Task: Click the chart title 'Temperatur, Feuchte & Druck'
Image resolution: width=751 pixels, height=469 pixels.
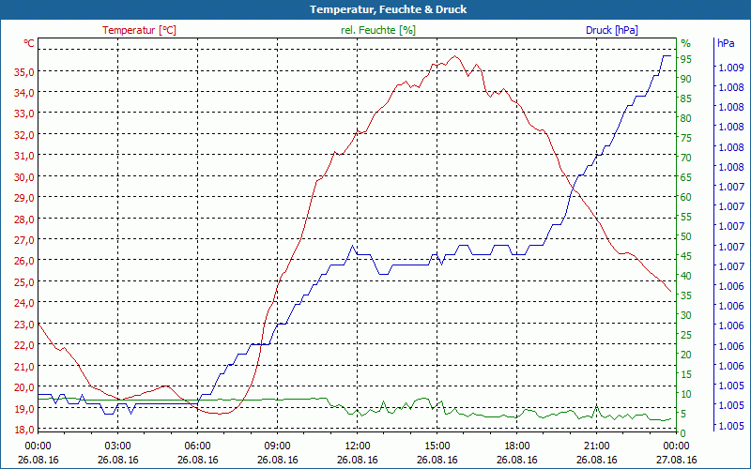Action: tap(375, 9)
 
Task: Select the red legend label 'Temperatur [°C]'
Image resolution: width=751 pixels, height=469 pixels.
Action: tap(139, 30)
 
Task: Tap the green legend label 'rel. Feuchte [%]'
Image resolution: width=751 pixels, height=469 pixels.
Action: tap(378, 30)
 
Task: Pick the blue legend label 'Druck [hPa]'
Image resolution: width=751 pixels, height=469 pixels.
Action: tap(612, 30)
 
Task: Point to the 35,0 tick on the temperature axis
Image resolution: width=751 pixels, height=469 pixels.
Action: tap(24, 71)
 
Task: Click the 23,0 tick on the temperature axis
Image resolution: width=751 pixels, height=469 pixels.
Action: tap(24, 324)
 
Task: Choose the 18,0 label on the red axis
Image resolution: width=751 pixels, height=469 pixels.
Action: tap(24, 429)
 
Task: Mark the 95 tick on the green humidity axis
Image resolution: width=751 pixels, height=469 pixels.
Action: tap(686, 59)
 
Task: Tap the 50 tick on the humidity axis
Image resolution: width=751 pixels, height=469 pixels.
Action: tap(686, 236)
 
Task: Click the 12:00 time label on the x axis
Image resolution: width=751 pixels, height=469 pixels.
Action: tap(358, 446)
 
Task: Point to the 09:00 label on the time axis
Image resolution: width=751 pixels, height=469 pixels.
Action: tap(278, 446)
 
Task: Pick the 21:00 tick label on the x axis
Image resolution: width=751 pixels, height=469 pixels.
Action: tap(597, 446)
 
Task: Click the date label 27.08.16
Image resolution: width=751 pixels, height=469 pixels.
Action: tap(676, 460)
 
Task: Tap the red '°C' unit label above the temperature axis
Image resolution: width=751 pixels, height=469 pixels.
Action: tap(29, 43)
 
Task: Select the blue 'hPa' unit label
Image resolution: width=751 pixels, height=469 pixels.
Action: tap(726, 43)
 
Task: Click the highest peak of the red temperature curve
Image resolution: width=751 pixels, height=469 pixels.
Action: tap(455, 56)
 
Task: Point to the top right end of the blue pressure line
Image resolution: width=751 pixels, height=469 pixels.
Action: tap(668, 56)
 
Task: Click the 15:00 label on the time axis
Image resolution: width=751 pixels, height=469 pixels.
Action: tap(437, 446)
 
